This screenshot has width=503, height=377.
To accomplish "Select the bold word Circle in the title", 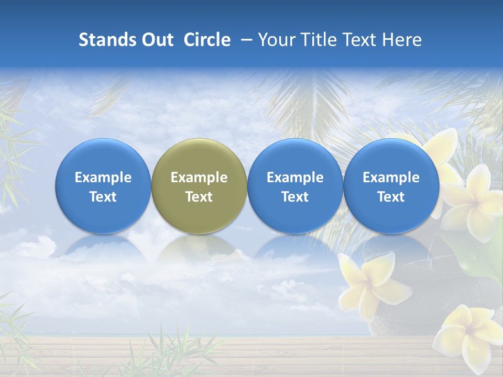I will [207, 40].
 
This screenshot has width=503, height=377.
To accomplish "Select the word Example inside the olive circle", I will [199, 178].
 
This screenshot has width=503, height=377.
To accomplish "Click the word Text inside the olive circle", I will [199, 197].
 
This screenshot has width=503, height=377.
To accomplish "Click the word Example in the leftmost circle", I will [103, 178].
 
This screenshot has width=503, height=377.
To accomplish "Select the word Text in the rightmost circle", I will [391, 197].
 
